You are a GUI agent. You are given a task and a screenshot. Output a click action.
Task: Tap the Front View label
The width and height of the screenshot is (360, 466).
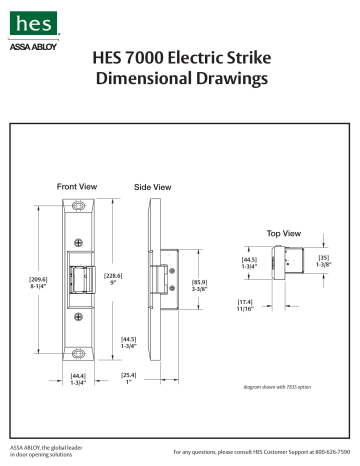[x=77, y=186]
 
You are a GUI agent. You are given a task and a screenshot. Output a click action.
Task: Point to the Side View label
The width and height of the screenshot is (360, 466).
[x=152, y=187]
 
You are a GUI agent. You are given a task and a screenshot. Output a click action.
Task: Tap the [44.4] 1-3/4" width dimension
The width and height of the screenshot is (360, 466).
[x=78, y=379]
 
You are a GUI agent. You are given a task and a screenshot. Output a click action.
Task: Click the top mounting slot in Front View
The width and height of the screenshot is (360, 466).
[x=78, y=209]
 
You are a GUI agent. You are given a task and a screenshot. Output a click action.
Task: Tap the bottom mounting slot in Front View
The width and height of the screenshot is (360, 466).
[x=78, y=351]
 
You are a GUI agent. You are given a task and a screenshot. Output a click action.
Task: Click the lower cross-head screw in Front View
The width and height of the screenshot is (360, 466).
[x=78, y=319]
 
